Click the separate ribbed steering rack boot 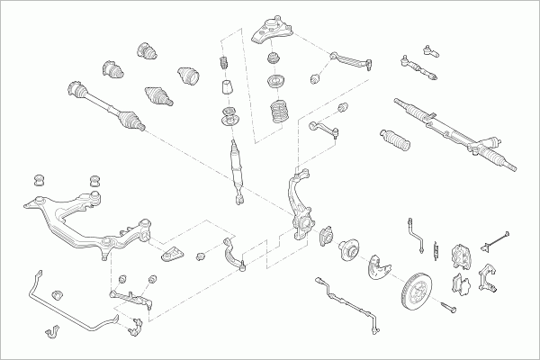(x=392, y=139)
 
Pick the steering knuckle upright (x=301, y=211)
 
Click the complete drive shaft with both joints (x=104, y=103)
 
